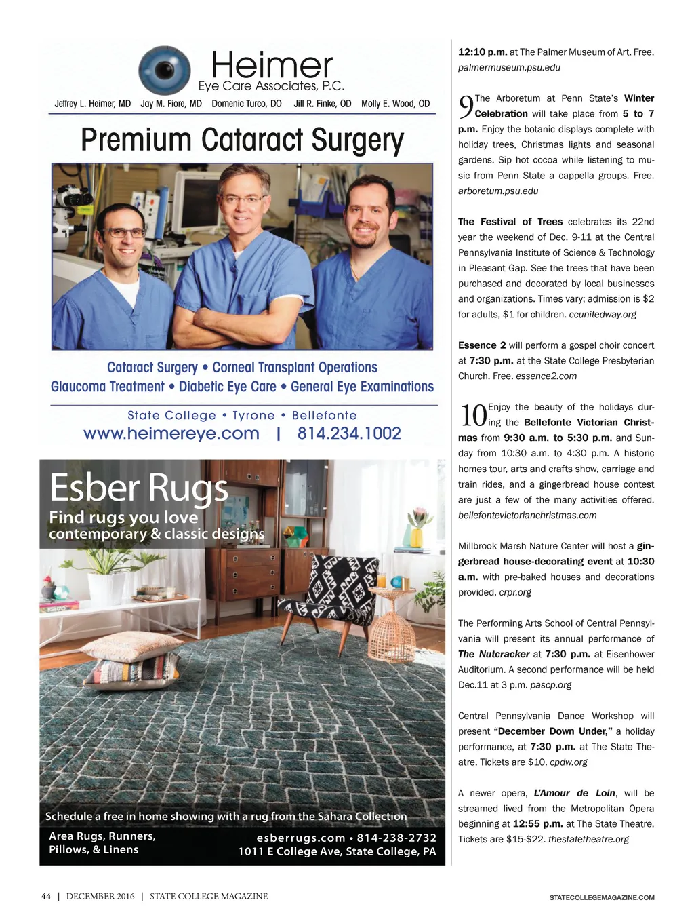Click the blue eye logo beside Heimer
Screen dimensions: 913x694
[164, 71]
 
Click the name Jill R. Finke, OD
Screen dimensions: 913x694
[322, 104]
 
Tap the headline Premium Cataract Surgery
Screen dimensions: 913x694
[242, 140]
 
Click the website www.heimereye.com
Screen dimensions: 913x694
[171, 433]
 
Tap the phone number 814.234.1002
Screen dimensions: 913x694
[349, 433]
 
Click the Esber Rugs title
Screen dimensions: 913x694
[139, 488]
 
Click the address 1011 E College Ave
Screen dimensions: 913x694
[336, 851]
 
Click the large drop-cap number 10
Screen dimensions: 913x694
[473, 415]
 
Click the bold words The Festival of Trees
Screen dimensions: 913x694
[510, 222]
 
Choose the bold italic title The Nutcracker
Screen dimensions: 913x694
[493, 655]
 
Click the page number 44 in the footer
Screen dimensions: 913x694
[46, 897]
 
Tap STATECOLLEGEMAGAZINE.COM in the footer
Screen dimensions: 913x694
[602, 897]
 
